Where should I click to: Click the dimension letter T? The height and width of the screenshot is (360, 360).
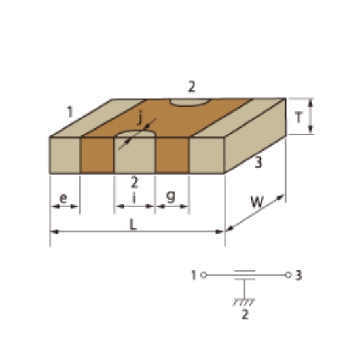click(x=298, y=118)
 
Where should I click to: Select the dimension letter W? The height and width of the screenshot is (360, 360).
click(x=257, y=202)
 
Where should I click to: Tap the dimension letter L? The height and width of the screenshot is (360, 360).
click(x=133, y=225)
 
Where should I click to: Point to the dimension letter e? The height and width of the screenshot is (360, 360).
click(x=63, y=198)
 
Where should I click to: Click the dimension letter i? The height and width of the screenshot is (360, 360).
click(x=134, y=198)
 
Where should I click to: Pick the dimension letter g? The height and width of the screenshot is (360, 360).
click(x=171, y=196)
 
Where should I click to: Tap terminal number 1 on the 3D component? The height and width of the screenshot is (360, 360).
click(x=70, y=112)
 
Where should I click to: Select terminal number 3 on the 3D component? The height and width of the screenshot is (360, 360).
click(x=259, y=162)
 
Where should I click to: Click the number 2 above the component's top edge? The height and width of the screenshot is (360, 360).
click(x=192, y=87)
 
